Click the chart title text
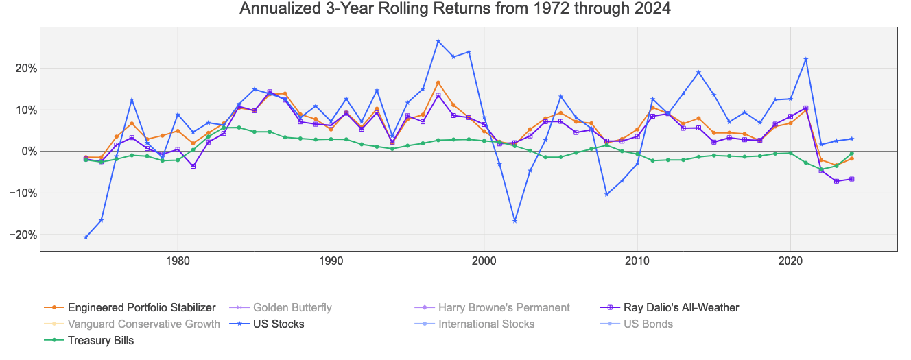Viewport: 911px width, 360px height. pyautogui.click(x=455, y=9)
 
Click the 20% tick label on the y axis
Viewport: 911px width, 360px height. pyautogui.click(x=23, y=69)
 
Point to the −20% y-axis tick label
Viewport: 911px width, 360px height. pyautogui.click(x=20, y=235)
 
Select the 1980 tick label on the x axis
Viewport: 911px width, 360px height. pyautogui.click(x=178, y=261)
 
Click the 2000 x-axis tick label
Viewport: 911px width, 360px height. pyautogui.click(x=484, y=261)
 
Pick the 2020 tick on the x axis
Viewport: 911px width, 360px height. pyautogui.click(x=791, y=261)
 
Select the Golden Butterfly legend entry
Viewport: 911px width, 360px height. pyautogui.click(x=292, y=307)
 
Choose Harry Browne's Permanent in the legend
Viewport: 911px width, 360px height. pyautogui.click(x=504, y=307)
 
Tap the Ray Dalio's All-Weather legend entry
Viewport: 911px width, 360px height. pyautogui.click(x=681, y=307)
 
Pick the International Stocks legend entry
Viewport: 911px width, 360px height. pyautogui.click(x=486, y=324)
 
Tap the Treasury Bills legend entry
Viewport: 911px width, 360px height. pyautogui.click(x=101, y=340)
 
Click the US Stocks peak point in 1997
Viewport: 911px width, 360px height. pyautogui.click(x=438, y=41)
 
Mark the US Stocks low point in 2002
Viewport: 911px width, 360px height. pyautogui.click(x=515, y=221)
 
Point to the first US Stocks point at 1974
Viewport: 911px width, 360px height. pyautogui.click(x=86, y=237)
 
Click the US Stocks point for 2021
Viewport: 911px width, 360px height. pyautogui.click(x=806, y=59)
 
